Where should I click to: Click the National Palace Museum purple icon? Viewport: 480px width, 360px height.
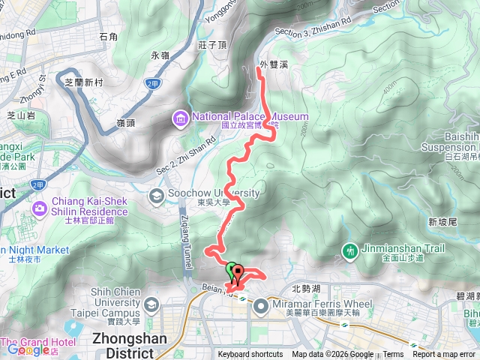click(x=181, y=118)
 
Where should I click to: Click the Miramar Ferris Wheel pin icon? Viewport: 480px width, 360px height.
click(x=261, y=305)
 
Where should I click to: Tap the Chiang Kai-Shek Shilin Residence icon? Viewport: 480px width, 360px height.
click(x=39, y=208)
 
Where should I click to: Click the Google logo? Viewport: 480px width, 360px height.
click(x=28, y=349)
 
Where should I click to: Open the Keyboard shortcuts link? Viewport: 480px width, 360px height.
click(x=250, y=355)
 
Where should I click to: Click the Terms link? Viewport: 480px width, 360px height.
click(x=393, y=355)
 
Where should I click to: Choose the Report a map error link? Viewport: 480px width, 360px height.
click(x=445, y=355)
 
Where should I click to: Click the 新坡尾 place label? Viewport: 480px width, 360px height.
click(x=442, y=221)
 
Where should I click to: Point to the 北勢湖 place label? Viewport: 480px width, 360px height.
click(x=306, y=287)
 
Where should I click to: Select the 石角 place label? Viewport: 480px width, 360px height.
click(x=108, y=36)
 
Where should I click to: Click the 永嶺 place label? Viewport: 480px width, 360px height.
click(x=160, y=55)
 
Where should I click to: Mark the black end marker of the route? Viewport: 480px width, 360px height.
click(x=238, y=271)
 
